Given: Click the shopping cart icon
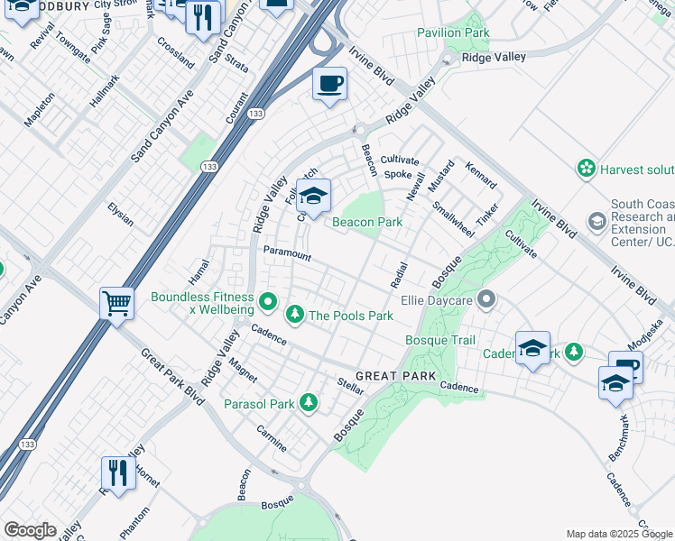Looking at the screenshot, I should tap(117, 303).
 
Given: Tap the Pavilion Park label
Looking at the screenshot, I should tap(453, 33).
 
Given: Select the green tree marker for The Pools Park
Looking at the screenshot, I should tap(294, 315).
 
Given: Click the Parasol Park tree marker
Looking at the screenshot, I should tap(309, 401).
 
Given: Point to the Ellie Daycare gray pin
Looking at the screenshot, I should tap(487, 298).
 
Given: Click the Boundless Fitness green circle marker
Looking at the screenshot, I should tap(267, 301).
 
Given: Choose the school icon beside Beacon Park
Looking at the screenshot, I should tap(313, 196).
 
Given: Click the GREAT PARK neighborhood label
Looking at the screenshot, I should tap(395, 375).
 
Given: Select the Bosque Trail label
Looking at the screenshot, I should tap(439, 340).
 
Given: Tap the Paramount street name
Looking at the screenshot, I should tap(287, 255).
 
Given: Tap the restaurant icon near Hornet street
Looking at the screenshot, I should tap(118, 471).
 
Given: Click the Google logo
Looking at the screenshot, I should tap(30, 530).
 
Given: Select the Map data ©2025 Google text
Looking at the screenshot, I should tap(619, 534).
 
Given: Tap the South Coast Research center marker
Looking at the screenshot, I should tap(596, 221).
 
